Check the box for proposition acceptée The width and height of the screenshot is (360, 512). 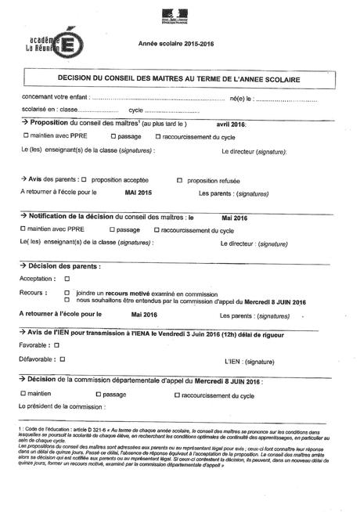pos(84,178)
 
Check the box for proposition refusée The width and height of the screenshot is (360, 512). pos(179,178)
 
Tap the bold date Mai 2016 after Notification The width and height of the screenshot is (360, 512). pos(235,217)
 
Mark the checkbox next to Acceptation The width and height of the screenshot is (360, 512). pos(67,278)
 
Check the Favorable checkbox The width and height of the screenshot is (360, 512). pos(56,344)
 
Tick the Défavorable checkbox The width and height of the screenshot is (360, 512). pos(62,358)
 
